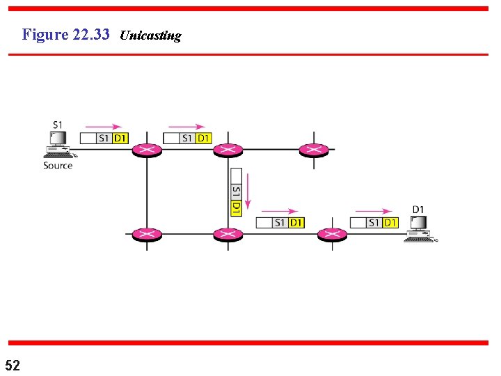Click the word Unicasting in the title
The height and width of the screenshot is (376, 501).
click(150, 36)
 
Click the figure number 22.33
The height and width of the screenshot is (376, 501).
click(90, 34)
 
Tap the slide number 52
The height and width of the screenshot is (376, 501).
click(13, 365)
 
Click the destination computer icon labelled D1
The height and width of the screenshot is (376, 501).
click(420, 228)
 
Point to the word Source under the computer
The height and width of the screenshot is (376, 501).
click(58, 166)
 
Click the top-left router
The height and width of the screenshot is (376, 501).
click(147, 150)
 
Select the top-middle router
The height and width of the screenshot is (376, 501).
click(227, 150)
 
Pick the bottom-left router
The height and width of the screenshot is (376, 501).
click(147, 235)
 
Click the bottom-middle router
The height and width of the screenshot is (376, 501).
click(227, 235)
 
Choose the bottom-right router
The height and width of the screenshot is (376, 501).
click(332, 235)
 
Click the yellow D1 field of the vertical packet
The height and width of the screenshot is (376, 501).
click(236, 207)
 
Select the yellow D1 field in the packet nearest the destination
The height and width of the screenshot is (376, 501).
click(390, 223)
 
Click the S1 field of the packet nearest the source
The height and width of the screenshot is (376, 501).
click(104, 138)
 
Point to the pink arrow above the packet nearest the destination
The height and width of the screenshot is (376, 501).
click(374, 211)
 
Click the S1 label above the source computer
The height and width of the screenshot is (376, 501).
click(58, 125)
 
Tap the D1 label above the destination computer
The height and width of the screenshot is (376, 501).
click(418, 209)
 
